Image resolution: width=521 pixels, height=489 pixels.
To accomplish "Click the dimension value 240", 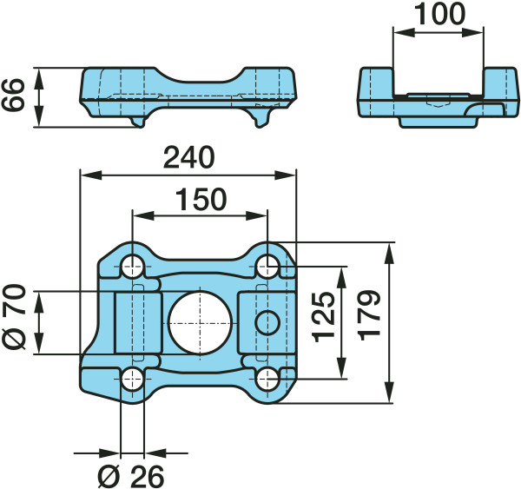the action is pyautogui.click(x=188, y=157).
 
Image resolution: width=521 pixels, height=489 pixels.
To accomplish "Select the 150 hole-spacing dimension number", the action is pyautogui.click(x=201, y=200).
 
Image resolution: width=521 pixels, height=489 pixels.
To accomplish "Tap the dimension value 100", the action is pyautogui.click(x=439, y=14).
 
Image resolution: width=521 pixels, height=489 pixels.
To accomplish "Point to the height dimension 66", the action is pyautogui.click(x=13, y=95).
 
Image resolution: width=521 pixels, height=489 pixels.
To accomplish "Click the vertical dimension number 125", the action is pyautogui.click(x=324, y=317).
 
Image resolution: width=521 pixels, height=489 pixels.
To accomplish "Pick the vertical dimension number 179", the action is pyautogui.click(x=370, y=315).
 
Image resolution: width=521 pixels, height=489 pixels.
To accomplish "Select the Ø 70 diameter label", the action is pyautogui.click(x=14, y=316).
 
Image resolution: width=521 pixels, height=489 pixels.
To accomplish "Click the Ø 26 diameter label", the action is pyautogui.click(x=131, y=476).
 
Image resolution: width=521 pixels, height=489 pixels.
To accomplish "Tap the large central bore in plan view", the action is pyautogui.click(x=200, y=323).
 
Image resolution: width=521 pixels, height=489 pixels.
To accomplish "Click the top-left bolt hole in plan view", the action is pyautogui.click(x=133, y=267).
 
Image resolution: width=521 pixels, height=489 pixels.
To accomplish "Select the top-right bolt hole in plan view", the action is pyautogui.click(x=267, y=267).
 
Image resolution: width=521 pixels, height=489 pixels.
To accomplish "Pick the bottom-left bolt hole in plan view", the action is pyautogui.click(x=133, y=379).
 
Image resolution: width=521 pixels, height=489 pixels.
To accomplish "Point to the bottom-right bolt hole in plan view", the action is pyautogui.click(x=267, y=379).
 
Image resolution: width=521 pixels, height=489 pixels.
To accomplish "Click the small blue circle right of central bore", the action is pyautogui.click(x=267, y=323).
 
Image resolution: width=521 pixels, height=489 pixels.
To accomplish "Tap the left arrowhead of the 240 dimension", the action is pyautogui.click(x=91, y=175).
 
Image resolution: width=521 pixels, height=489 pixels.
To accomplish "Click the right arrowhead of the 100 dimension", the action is pyautogui.click(x=472, y=33).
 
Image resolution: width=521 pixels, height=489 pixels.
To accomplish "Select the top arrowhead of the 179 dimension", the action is pyautogui.click(x=389, y=254).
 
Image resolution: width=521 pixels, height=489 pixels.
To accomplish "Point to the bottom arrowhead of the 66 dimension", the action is pyautogui.click(x=39, y=116).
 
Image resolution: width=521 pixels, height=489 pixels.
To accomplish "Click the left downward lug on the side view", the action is pyautogui.click(x=137, y=122).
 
